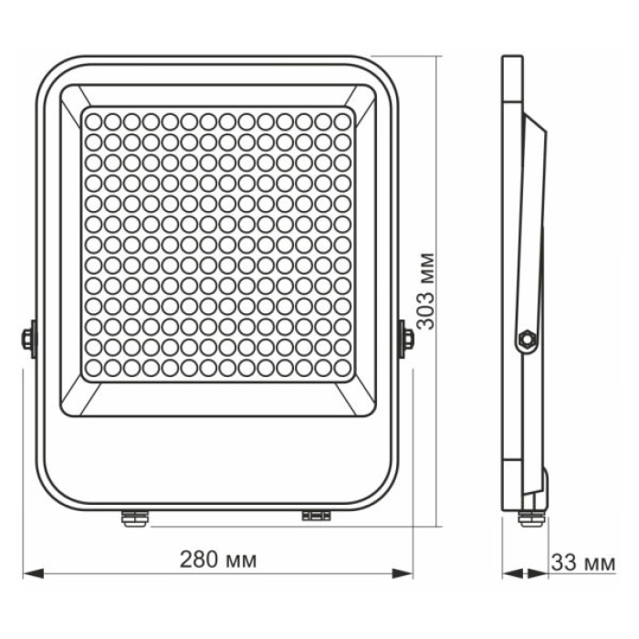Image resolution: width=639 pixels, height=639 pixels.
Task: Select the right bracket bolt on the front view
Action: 406,339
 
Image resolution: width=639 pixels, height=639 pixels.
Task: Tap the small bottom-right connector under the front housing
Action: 316,516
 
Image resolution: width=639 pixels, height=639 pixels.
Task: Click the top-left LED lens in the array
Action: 93,120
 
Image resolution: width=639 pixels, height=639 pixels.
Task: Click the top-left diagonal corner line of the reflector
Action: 73,98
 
